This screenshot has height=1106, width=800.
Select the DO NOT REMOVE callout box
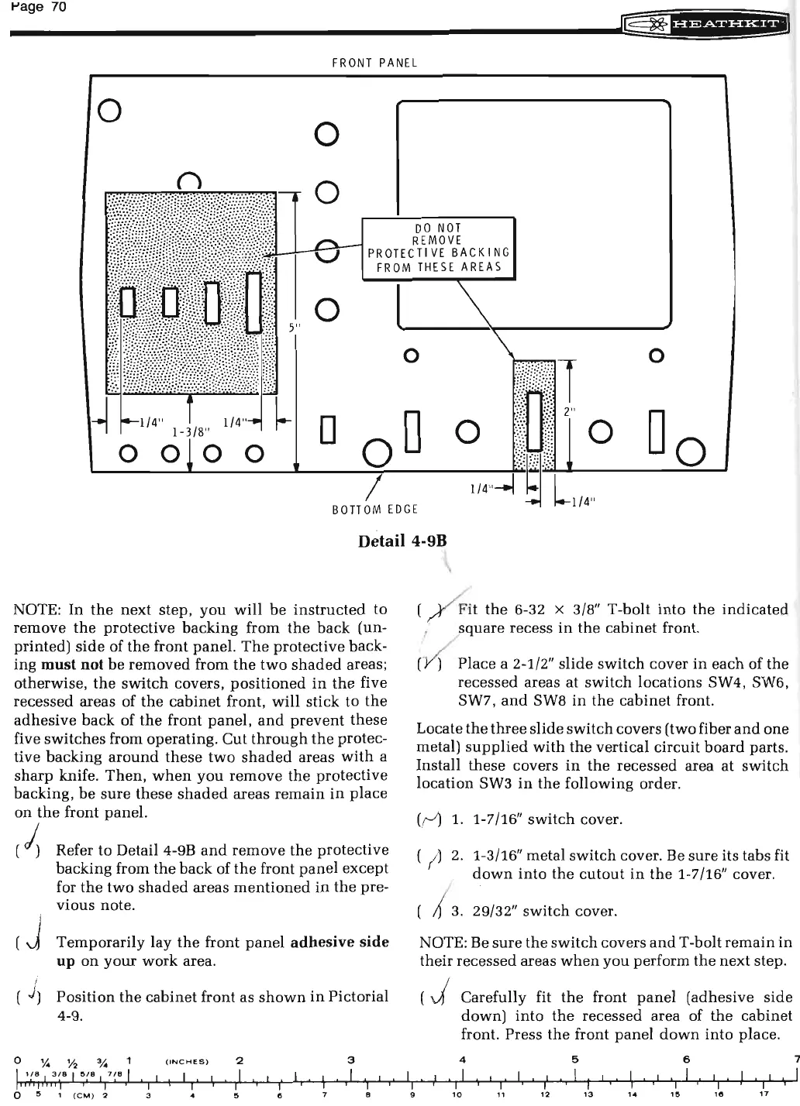click(x=439, y=248)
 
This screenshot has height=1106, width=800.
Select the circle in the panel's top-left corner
click(x=109, y=108)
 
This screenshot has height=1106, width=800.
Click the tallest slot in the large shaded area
click(x=254, y=302)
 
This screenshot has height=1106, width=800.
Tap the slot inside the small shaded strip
click(x=534, y=421)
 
